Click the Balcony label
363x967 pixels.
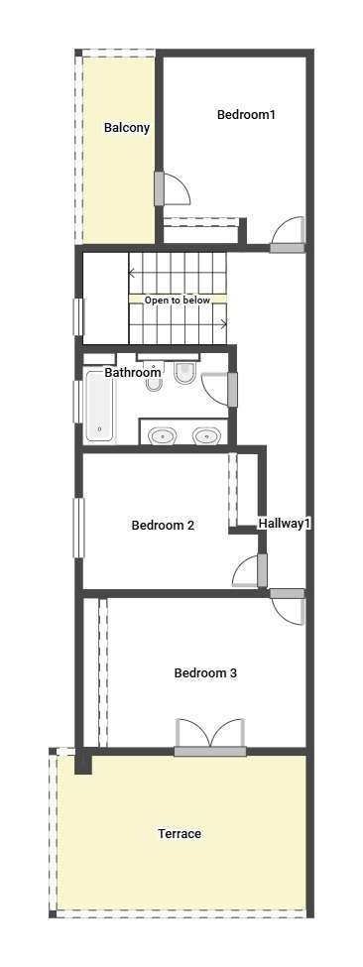tap(127, 128)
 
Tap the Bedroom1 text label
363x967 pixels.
tap(246, 114)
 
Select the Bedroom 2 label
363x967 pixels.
tap(163, 526)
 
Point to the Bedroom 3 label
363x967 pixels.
tap(205, 672)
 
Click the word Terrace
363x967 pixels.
tap(180, 834)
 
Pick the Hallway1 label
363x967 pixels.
tap(285, 524)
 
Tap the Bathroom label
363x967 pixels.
tap(133, 373)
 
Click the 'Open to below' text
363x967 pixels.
tap(178, 301)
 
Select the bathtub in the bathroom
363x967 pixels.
tap(100, 406)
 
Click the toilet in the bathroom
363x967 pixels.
tap(184, 373)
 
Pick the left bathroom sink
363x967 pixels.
tap(163, 436)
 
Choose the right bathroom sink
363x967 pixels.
tap(206, 436)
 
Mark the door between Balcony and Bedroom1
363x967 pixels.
tap(172, 188)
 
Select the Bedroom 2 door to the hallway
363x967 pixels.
tap(250, 570)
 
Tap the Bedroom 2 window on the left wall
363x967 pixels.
tap(79, 528)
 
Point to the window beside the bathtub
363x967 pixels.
tap(77, 402)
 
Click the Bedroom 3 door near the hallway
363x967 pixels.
tap(288, 607)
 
